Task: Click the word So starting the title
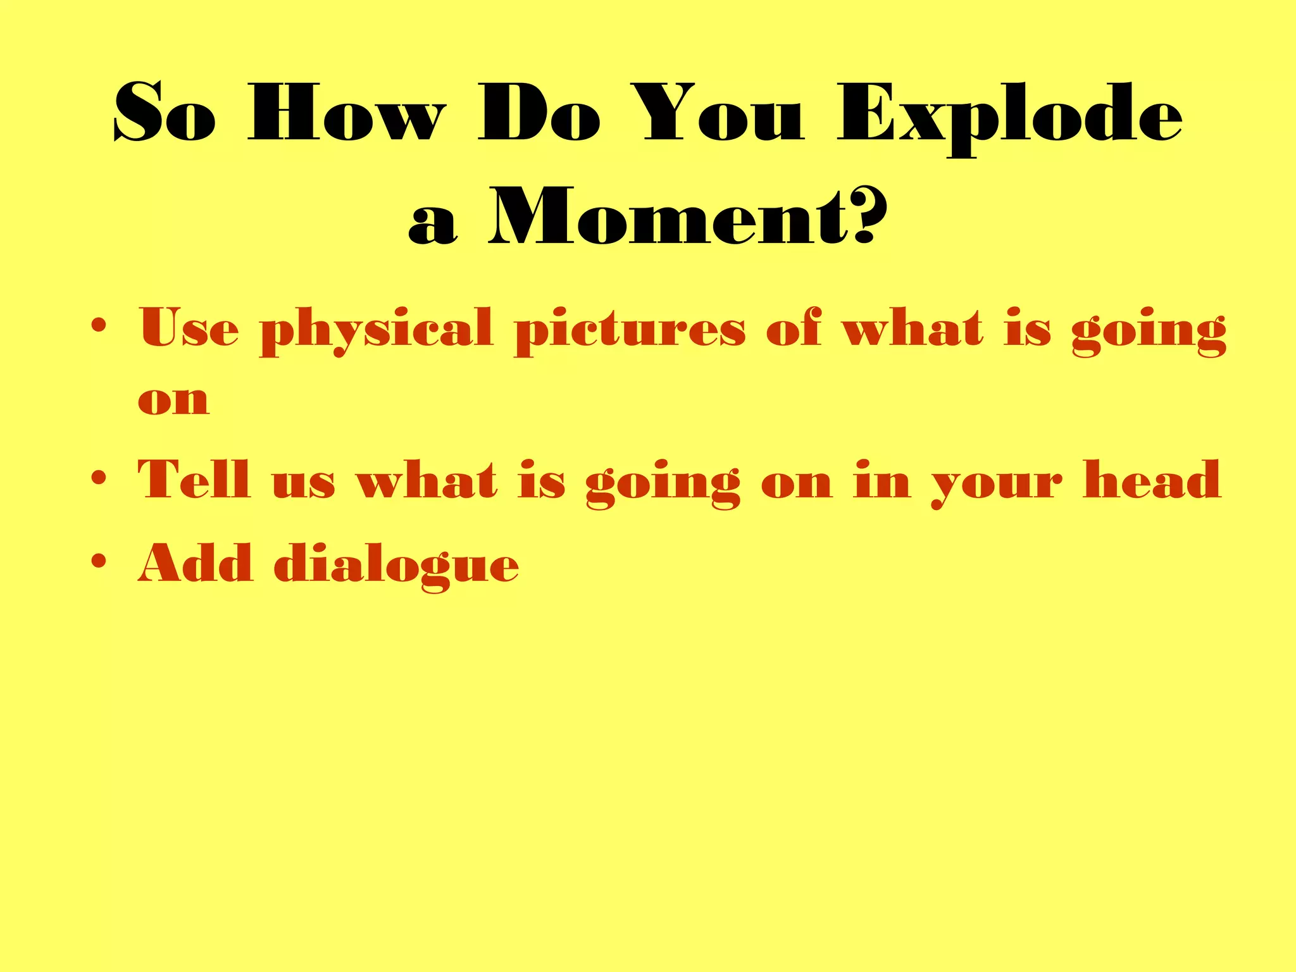(x=165, y=114)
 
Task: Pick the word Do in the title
(x=539, y=114)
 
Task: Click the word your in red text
(x=997, y=484)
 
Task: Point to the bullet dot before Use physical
(x=98, y=326)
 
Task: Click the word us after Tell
(x=303, y=484)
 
